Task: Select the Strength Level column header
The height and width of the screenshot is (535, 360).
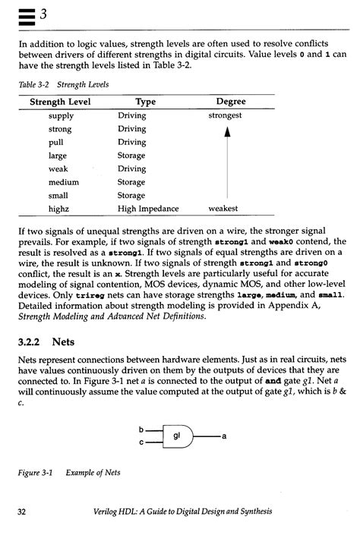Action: coord(60,102)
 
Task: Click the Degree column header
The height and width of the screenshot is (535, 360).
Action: coord(231,102)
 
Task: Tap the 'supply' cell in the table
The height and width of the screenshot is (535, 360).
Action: coord(61,116)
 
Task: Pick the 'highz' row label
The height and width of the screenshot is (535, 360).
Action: coord(59,208)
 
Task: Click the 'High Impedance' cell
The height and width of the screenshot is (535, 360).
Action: coord(148,208)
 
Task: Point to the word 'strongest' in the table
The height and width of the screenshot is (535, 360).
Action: coord(226,116)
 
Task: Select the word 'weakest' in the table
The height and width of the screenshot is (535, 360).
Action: coord(223,208)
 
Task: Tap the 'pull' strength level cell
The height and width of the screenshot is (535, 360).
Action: coord(55,142)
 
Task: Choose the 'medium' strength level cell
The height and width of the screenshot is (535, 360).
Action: coord(64,182)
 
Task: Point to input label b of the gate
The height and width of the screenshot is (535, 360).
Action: coord(141,429)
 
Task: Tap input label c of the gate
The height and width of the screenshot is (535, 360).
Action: coord(141,442)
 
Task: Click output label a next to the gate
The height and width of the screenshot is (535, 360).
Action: coord(226,436)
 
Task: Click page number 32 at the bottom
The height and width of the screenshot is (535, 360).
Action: coord(22,514)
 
